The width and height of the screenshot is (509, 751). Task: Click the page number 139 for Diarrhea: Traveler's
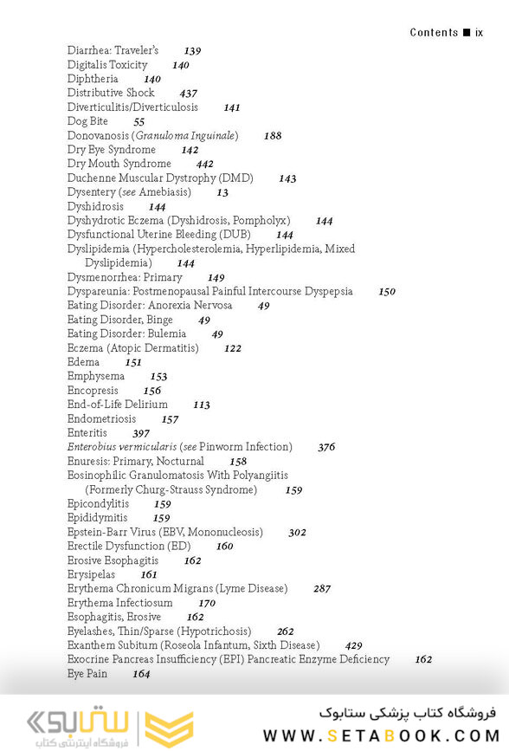(192, 51)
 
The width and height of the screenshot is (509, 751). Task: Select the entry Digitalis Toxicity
(107, 65)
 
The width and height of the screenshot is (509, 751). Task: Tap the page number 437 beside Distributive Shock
(188, 94)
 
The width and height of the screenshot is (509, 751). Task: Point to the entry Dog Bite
(87, 121)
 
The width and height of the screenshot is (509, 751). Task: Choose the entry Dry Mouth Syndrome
(119, 164)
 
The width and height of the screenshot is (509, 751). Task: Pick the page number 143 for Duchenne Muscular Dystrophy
(287, 178)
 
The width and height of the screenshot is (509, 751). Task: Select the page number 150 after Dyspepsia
(387, 292)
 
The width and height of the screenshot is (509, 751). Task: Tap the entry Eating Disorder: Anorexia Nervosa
(150, 306)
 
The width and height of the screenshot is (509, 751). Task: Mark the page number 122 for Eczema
(232, 348)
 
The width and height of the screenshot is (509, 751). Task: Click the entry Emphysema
(96, 377)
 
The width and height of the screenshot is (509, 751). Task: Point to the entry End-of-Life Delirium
(118, 405)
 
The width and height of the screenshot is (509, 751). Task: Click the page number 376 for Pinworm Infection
(326, 448)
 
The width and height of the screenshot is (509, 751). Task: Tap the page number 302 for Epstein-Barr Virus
(297, 533)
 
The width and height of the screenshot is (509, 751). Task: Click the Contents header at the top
(434, 33)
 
